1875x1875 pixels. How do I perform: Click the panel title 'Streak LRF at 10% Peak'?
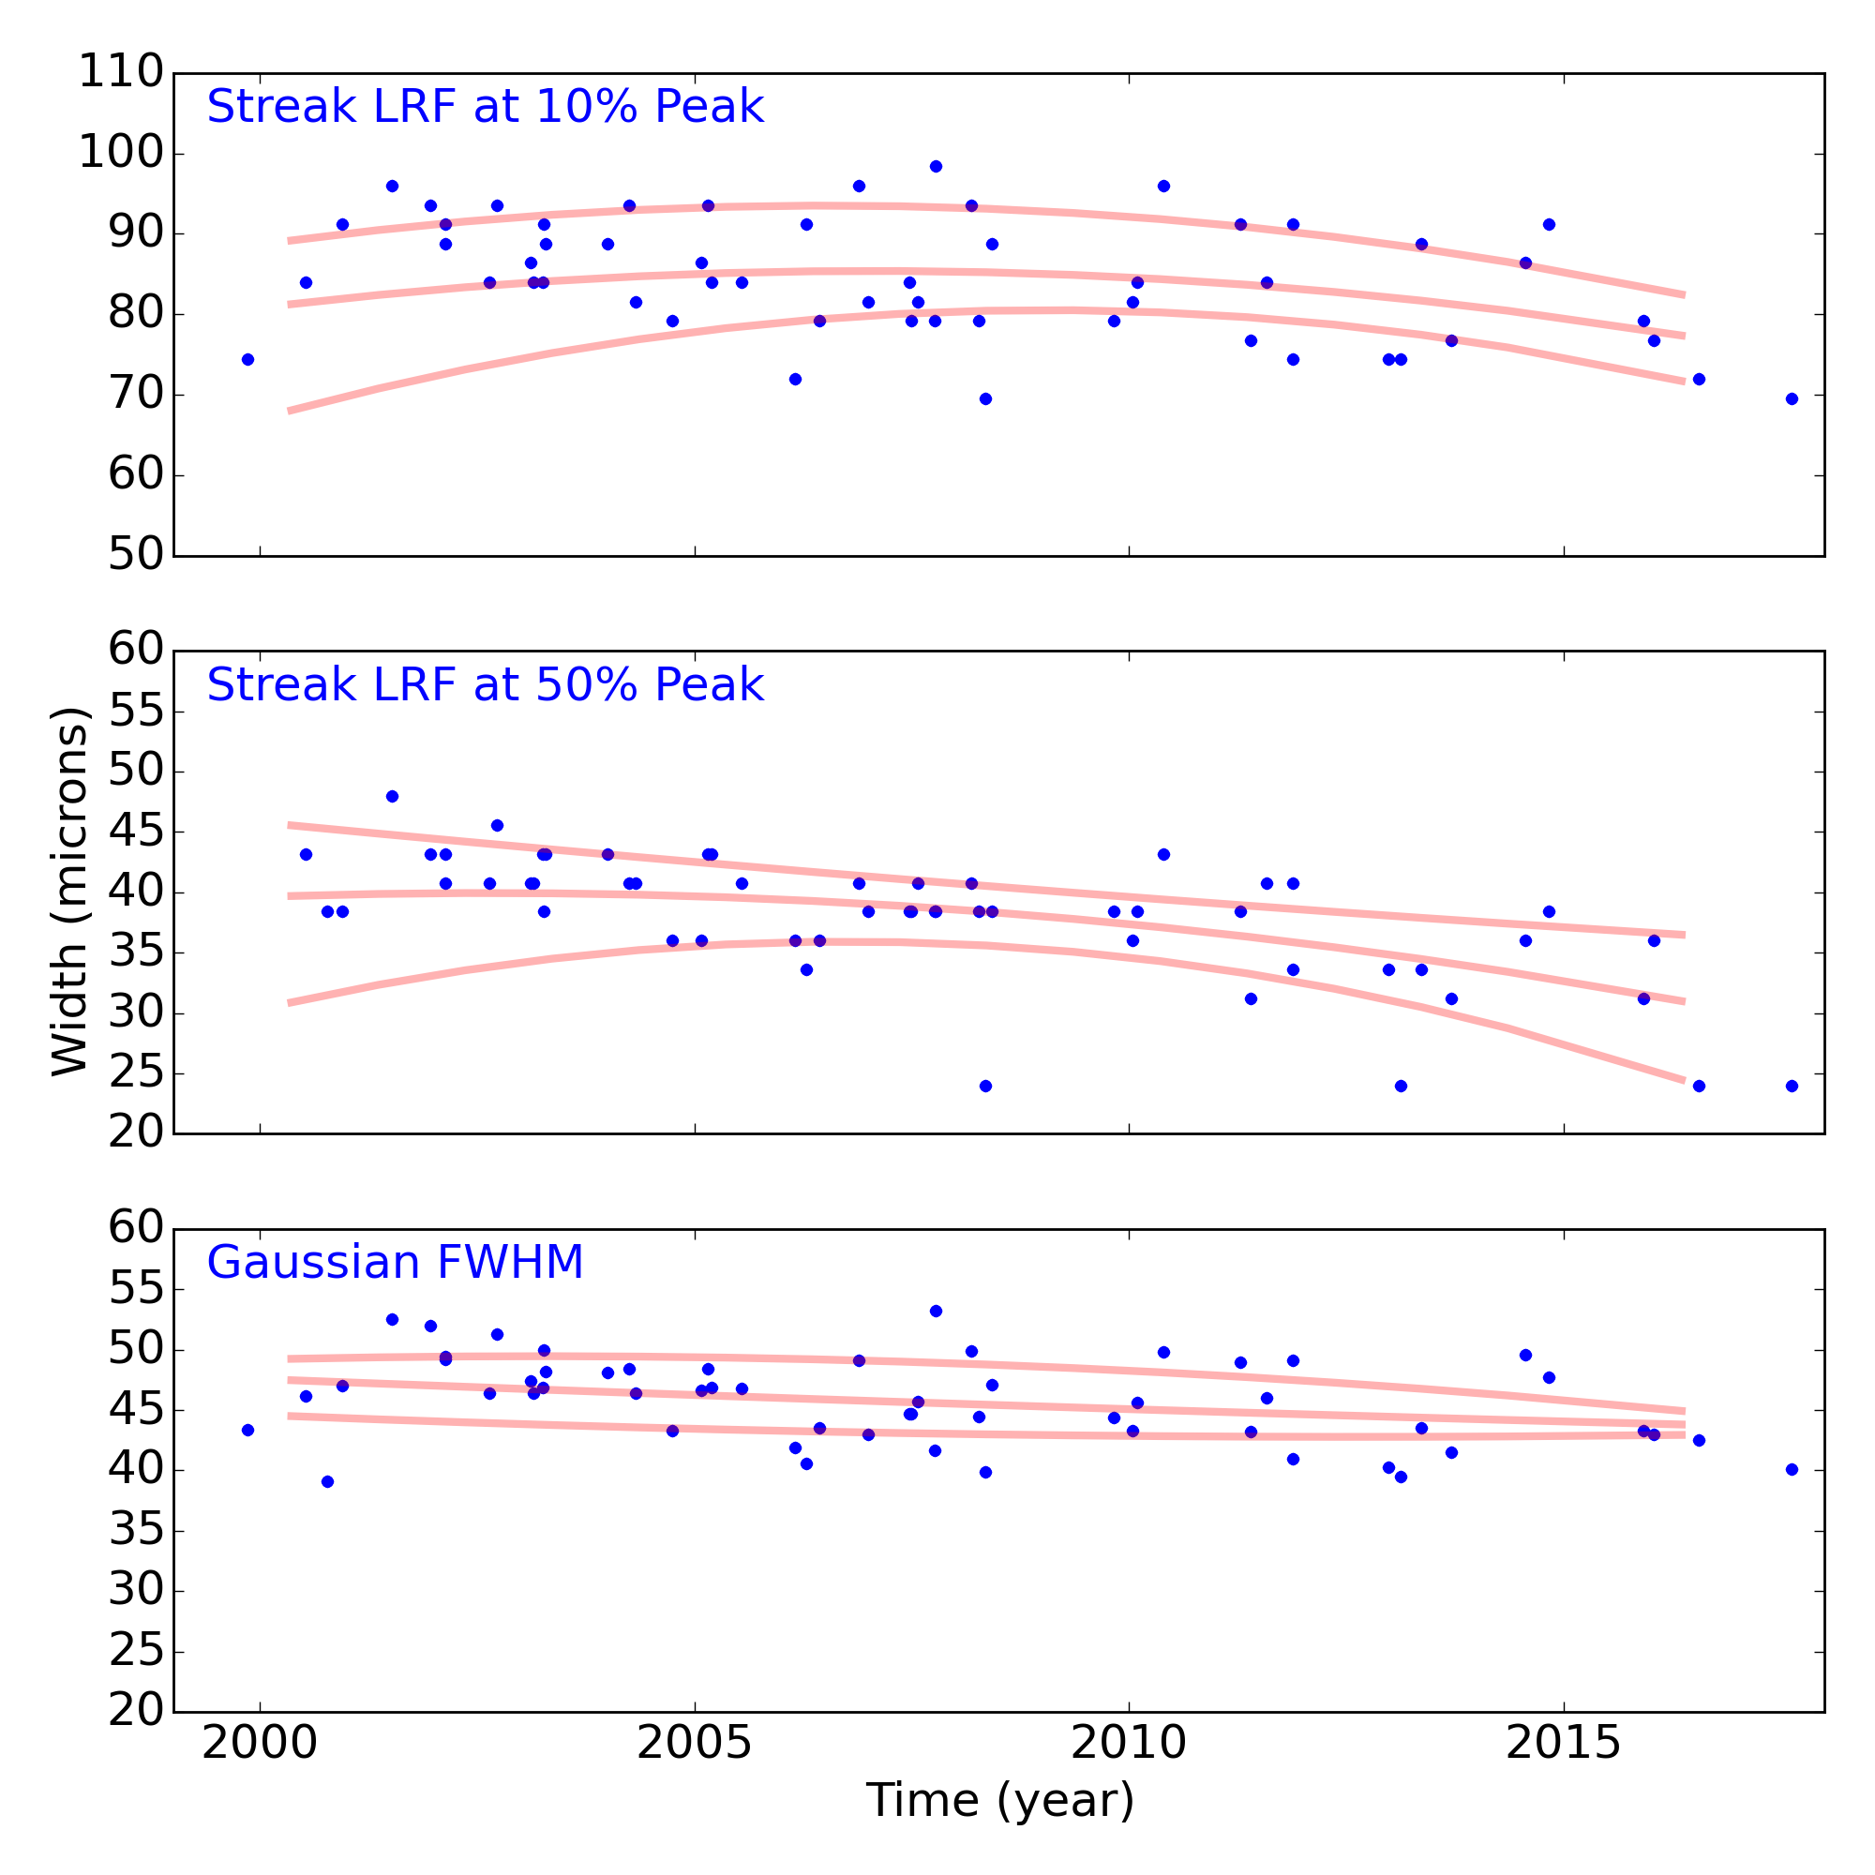coord(486,107)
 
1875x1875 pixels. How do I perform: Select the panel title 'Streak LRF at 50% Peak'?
coord(486,685)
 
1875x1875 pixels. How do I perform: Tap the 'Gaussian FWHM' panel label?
coord(395,1263)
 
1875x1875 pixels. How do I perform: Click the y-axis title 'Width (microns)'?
coord(70,891)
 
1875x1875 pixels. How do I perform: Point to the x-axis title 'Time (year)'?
coord(999,1800)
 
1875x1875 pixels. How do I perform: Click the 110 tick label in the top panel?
coord(120,73)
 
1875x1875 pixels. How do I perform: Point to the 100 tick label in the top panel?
coord(120,154)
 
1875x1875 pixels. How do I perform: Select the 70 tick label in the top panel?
coord(134,395)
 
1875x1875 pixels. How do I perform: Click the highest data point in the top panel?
coord(936,166)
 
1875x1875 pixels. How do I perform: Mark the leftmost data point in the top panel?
coord(247,359)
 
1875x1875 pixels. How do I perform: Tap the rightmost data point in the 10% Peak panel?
coord(1792,398)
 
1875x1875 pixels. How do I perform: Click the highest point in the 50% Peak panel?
coord(392,796)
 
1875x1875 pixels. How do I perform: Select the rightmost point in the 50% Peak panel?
coord(1792,1086)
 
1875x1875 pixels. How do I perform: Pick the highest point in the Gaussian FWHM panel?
coord(936,1312)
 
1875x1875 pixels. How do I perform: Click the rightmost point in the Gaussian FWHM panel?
coord(1792,1469)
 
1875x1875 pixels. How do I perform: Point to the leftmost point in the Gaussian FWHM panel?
coord(247,1430)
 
